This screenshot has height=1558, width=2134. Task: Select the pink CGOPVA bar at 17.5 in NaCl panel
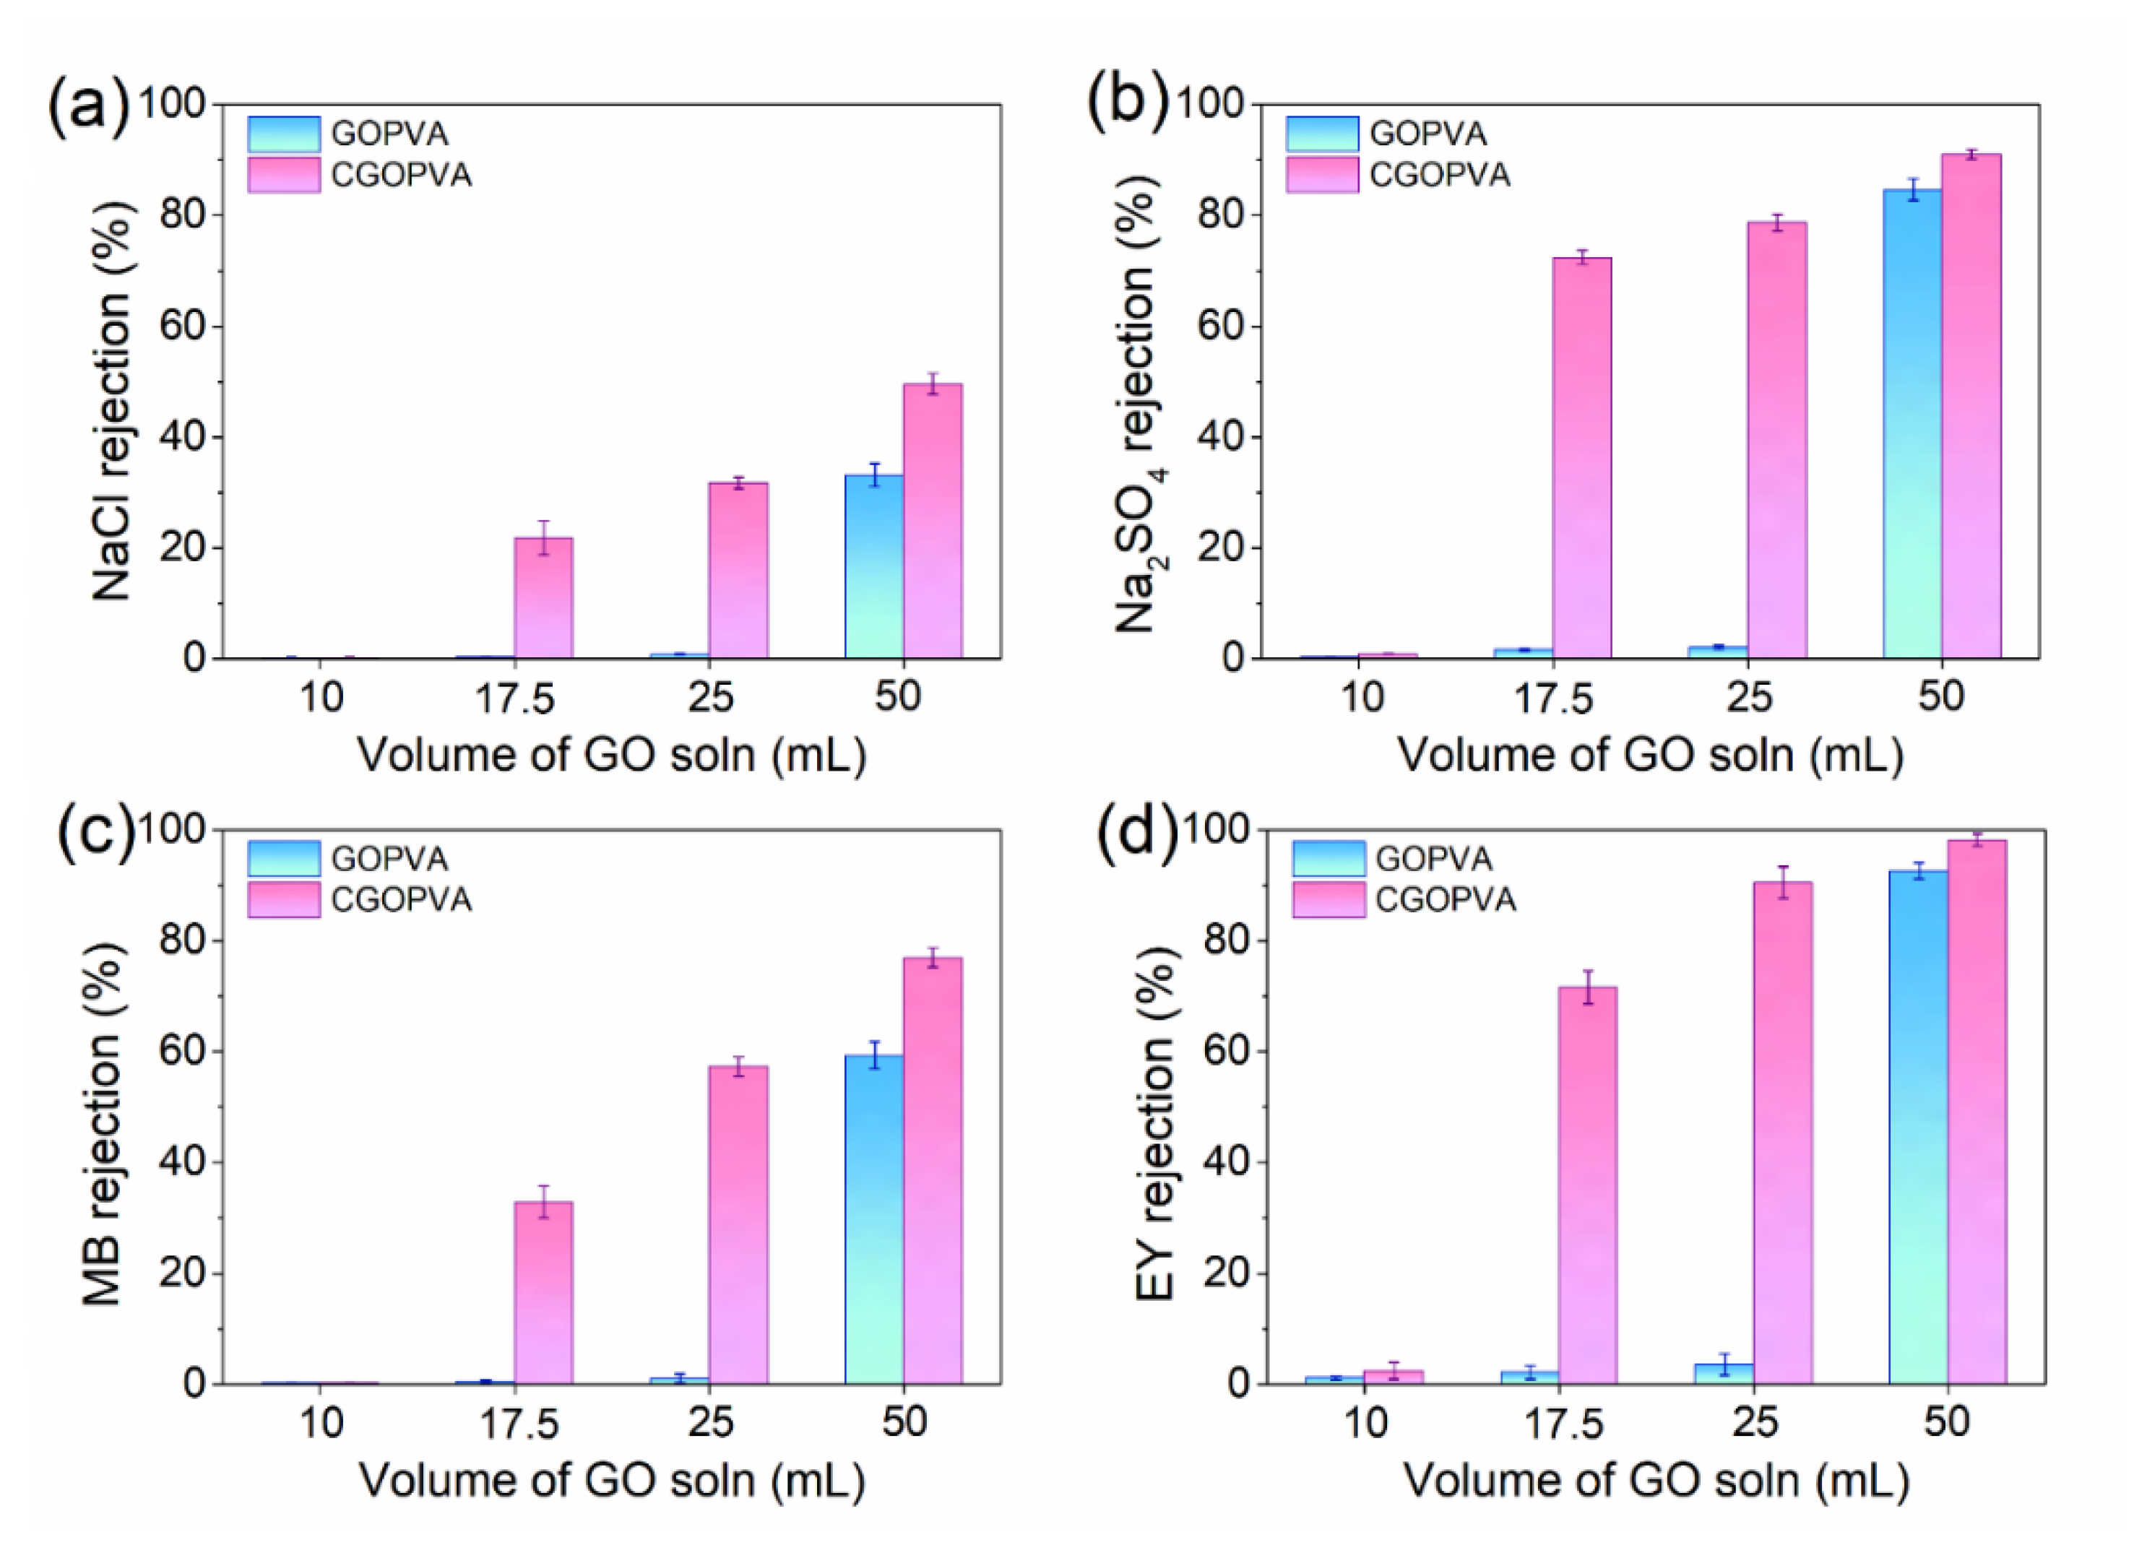[543, 598]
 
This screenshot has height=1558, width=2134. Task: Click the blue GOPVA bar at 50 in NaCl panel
[874, 566]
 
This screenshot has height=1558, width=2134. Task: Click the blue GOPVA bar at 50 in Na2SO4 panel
[1912, 425]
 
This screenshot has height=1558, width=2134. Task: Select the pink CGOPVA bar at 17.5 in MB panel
[543, 1292]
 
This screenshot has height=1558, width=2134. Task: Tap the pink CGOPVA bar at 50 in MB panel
[933, 1170]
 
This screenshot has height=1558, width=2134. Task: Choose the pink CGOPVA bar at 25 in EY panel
[1782, 1133]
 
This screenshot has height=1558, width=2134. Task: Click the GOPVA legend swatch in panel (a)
[284, 134]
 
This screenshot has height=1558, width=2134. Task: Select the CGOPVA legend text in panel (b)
[1439, 176]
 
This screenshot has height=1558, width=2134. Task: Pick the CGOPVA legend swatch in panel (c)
[284, 899]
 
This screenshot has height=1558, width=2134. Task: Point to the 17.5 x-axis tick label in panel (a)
[515, 699]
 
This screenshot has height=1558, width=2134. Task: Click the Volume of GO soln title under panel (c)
[611, 1481]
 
